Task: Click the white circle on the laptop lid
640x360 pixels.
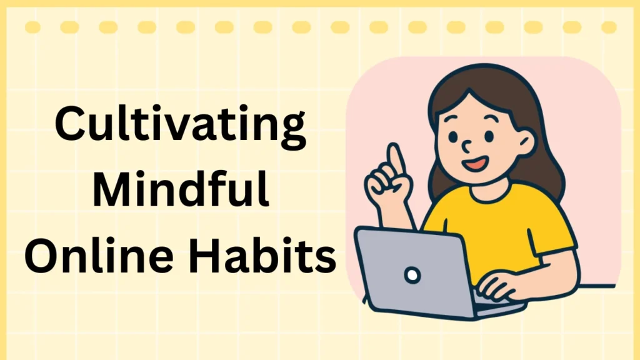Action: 412,273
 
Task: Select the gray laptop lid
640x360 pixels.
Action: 406,269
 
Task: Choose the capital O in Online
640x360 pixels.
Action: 44,257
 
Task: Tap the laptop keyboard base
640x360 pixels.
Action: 494,306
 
